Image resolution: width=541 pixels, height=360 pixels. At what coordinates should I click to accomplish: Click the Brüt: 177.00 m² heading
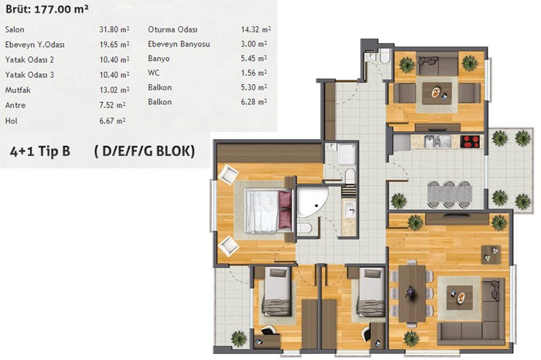coord(47,9)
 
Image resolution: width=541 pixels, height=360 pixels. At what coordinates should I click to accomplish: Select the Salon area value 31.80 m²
coord(114,29)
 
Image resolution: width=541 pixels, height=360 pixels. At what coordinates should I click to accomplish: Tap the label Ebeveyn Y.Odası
coord(35,45)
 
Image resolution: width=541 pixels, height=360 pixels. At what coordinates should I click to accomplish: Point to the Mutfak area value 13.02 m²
coord(114,90)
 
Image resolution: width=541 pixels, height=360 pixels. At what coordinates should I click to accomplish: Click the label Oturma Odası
coord(172,29)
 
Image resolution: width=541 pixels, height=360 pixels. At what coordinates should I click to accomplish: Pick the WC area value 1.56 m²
coord(253,73)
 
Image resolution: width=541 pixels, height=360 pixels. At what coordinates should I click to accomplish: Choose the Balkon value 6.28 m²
coord(253,102)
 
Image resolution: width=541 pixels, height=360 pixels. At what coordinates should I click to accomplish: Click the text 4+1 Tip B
coord(40,151)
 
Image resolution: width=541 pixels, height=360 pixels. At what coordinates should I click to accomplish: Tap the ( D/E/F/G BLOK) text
coord(145,151)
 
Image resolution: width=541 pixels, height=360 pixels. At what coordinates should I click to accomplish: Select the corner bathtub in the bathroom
coord(311,202)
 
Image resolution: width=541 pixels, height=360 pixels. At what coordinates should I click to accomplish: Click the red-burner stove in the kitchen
coord(470,141)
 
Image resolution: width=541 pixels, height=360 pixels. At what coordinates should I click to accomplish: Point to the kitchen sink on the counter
coord(437,141)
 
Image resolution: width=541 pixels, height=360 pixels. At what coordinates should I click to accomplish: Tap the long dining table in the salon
coord(412,294)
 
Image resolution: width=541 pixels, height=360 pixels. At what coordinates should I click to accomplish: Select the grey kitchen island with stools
coord(449,195)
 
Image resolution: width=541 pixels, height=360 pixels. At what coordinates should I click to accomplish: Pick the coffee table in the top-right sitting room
coord(437,93)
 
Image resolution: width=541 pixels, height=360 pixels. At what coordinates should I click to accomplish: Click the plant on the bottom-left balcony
coord(239,338)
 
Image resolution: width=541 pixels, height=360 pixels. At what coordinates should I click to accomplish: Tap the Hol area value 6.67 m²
coord(112,121)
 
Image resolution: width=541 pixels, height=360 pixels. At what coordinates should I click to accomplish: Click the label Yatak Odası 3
coord(29,75)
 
